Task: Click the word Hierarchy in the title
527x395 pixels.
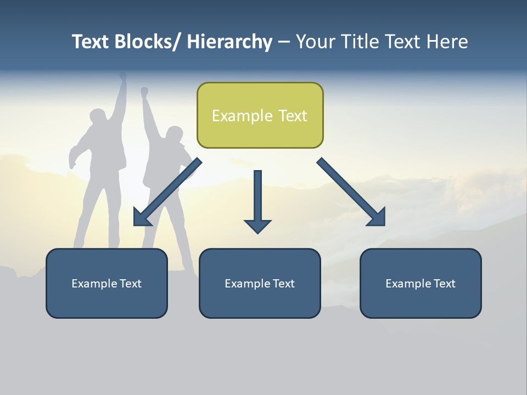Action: [x=229, y=42]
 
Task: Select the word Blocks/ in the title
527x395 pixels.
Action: [x=147, y=42]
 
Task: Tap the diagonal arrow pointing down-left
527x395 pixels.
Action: [x=167, y=193]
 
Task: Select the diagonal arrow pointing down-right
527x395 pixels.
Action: [x=352, y=193]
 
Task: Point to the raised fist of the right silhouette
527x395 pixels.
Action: [x=144, y=91]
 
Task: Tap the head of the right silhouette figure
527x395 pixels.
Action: [x=175, y=135]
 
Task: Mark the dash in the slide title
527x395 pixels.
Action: [x=284, y=42]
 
